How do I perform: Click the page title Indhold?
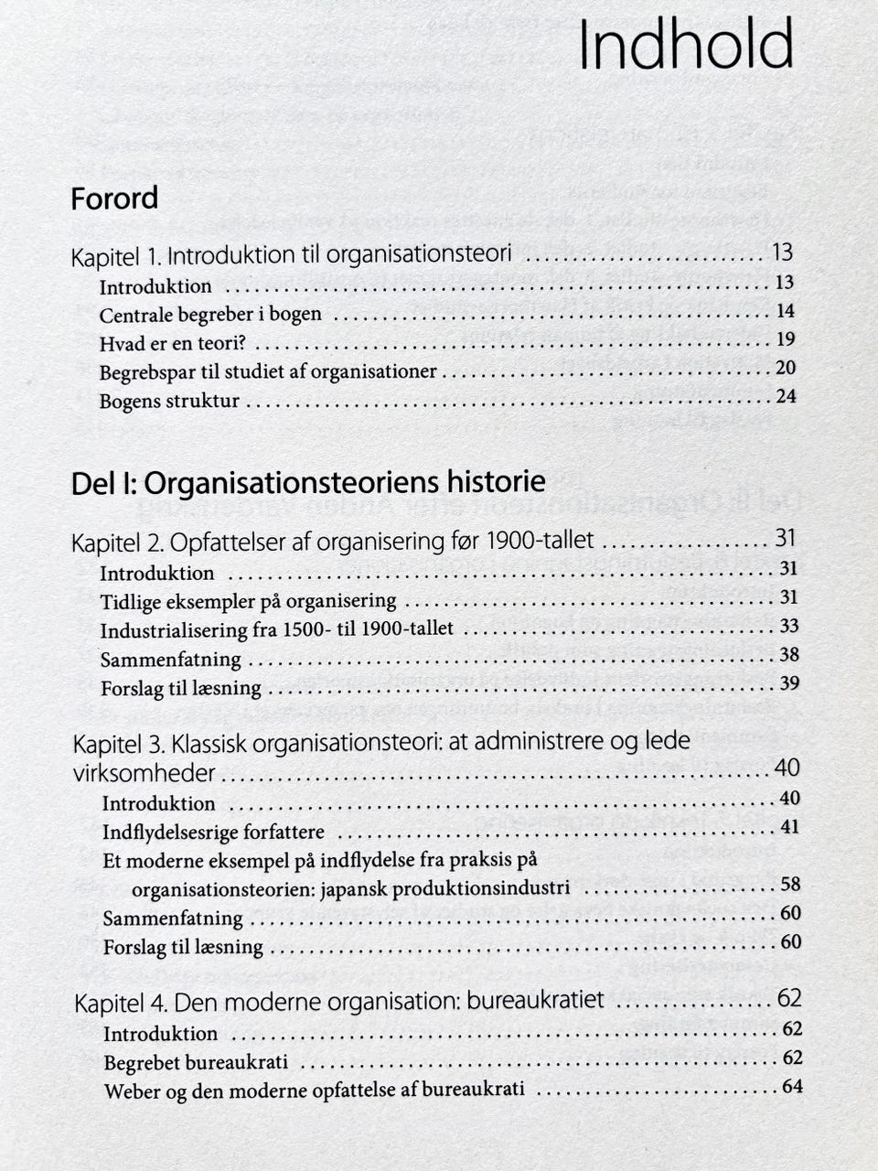tap(686, 46)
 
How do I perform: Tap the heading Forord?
tap(114, 199)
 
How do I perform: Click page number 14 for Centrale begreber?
tap(785, 311)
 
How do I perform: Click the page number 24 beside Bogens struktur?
tap(785, 396)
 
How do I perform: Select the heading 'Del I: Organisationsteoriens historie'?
tap(308, 482)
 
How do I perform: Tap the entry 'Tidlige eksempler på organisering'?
tap(248, 602)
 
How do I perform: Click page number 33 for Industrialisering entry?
tap(788, 626)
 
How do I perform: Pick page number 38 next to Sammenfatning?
tap(788, 655)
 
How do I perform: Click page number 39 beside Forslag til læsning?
tap(788, 683)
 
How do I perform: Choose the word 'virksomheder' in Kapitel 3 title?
tap(144, 773)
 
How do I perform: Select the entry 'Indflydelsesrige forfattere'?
tap(213, 833)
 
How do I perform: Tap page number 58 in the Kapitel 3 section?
tap(790, 884)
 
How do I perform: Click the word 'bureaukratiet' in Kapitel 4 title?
tap(535, 999)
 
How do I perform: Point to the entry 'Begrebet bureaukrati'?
tap(196, 1062)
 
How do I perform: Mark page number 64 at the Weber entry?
tap(792, 1087)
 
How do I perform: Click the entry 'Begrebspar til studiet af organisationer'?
tap(268, 371)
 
